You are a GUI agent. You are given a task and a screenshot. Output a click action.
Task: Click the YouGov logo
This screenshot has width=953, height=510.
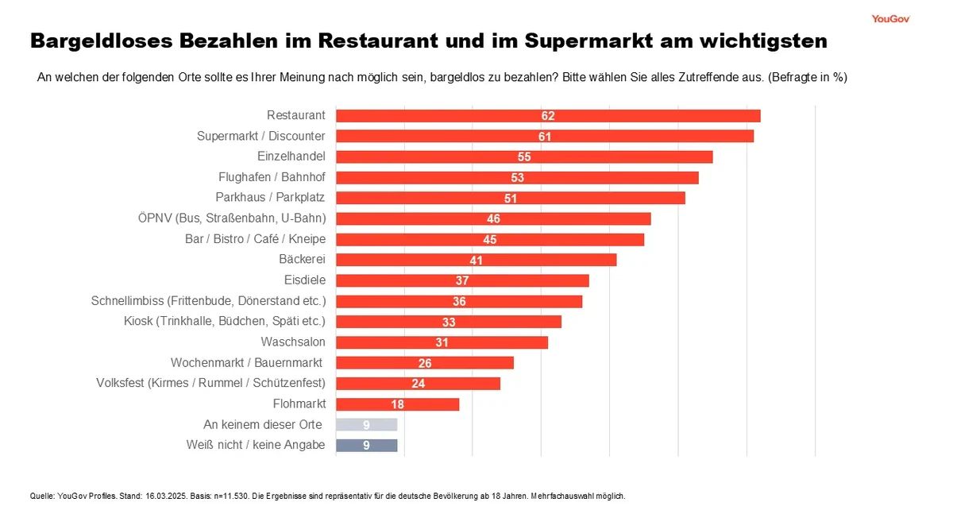coord(889,18)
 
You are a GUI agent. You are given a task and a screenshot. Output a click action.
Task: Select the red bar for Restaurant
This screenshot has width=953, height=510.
coord(548,116)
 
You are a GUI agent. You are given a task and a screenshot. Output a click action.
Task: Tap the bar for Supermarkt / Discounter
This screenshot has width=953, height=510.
coord(545,137)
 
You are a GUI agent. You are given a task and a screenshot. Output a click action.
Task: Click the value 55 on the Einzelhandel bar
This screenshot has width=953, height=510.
coord(524,157)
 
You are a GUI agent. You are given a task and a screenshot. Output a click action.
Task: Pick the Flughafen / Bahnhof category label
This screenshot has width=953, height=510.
coord(272,177)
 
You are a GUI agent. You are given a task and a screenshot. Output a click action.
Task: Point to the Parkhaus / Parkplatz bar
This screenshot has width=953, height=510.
coord(510,198)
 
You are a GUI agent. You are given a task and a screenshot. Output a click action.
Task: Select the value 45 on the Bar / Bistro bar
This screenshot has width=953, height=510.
coord(489,240)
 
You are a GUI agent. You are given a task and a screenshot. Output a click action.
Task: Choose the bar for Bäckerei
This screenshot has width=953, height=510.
coord(476,260)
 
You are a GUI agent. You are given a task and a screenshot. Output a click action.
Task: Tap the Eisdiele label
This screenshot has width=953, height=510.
coord(305,280)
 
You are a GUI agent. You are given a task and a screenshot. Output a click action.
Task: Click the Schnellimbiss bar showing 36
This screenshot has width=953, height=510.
coord(459,302)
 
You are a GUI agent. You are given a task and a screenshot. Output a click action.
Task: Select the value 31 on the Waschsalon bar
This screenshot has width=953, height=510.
coord(442,343)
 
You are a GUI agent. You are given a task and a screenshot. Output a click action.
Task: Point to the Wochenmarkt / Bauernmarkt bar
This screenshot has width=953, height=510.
coord(425,363)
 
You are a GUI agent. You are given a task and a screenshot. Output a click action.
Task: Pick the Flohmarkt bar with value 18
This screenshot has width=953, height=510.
coord(397,404)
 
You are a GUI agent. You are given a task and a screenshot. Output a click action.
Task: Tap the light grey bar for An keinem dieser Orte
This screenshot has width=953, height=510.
coord(366,425)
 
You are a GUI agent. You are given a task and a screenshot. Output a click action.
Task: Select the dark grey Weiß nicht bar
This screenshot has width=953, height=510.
coord(366,446)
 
